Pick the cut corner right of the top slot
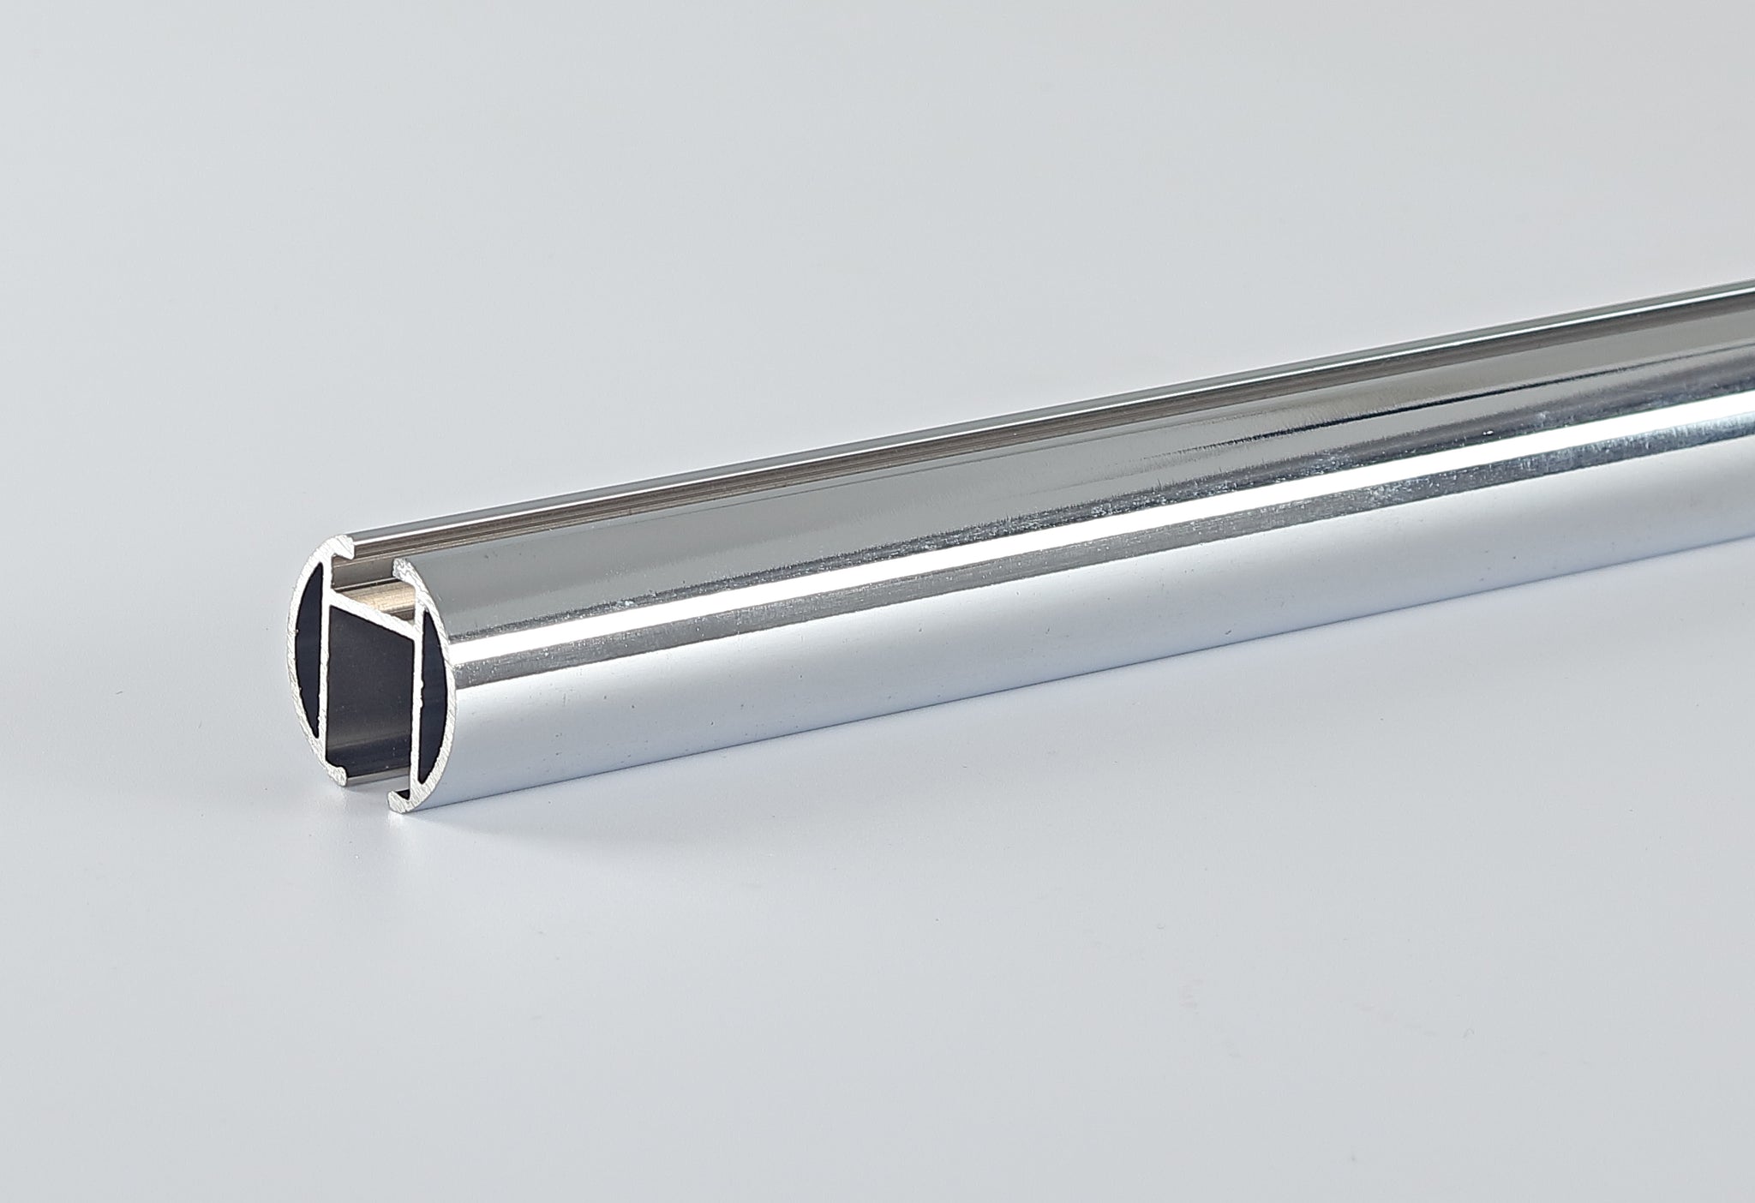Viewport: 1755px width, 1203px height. (399, 566)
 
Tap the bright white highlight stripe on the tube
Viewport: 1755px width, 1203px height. (1028, 548)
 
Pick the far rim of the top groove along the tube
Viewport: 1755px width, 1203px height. (1028, 390)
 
